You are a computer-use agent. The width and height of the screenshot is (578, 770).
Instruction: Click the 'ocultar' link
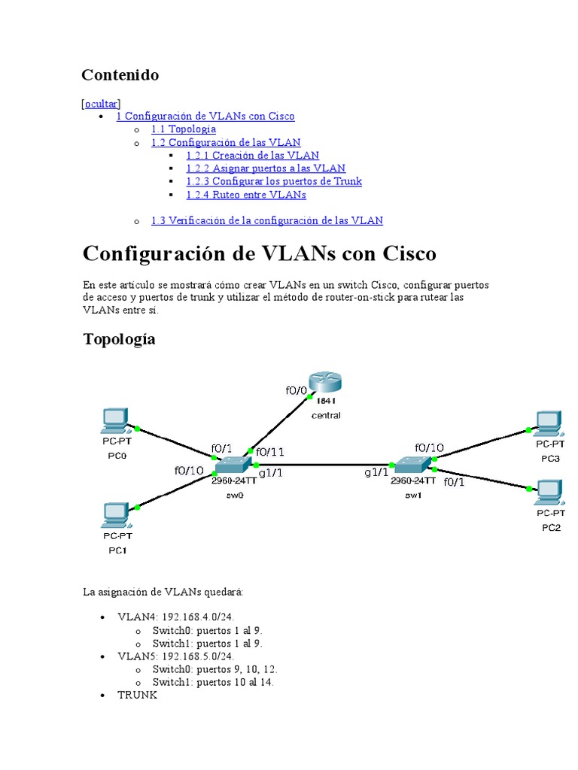pos(102,103)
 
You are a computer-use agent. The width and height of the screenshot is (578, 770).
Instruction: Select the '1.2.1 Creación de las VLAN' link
pos(252,155)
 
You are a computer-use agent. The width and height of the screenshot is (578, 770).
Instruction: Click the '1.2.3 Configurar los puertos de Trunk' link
pos(274,181)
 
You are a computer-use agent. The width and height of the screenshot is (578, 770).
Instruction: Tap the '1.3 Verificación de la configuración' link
pos(266,220)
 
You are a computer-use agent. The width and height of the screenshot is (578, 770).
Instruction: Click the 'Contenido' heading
pos(120,74)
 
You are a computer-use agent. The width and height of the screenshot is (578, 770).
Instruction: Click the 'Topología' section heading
pos(119,338)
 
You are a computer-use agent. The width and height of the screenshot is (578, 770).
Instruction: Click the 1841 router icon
pos(325,383)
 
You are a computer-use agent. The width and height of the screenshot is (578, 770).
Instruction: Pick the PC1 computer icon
pos(116,515)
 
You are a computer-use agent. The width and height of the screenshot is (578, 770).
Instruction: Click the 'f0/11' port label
pos(270,452)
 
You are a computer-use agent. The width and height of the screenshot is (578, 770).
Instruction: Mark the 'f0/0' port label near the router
pos(296,390)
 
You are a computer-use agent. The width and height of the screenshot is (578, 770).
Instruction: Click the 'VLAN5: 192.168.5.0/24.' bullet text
pos(171,656)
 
